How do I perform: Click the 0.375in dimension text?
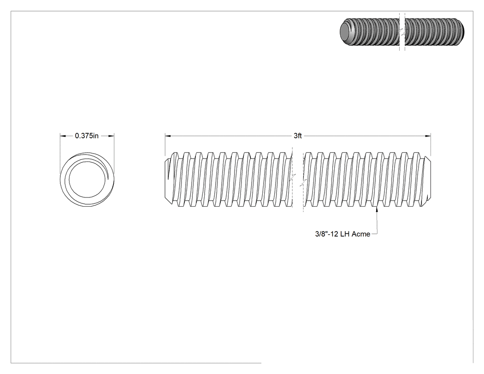87,136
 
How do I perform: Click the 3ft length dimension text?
298,136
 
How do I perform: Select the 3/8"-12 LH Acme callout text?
342,234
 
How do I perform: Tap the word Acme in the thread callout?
361,234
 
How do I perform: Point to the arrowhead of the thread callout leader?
377,209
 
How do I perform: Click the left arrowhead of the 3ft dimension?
168,136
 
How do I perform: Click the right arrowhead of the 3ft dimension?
428,136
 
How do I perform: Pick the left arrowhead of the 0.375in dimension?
63,136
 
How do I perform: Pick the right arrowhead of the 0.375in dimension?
112,136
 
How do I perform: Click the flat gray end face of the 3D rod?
345,32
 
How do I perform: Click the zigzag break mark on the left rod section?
292,178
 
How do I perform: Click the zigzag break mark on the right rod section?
303,183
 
